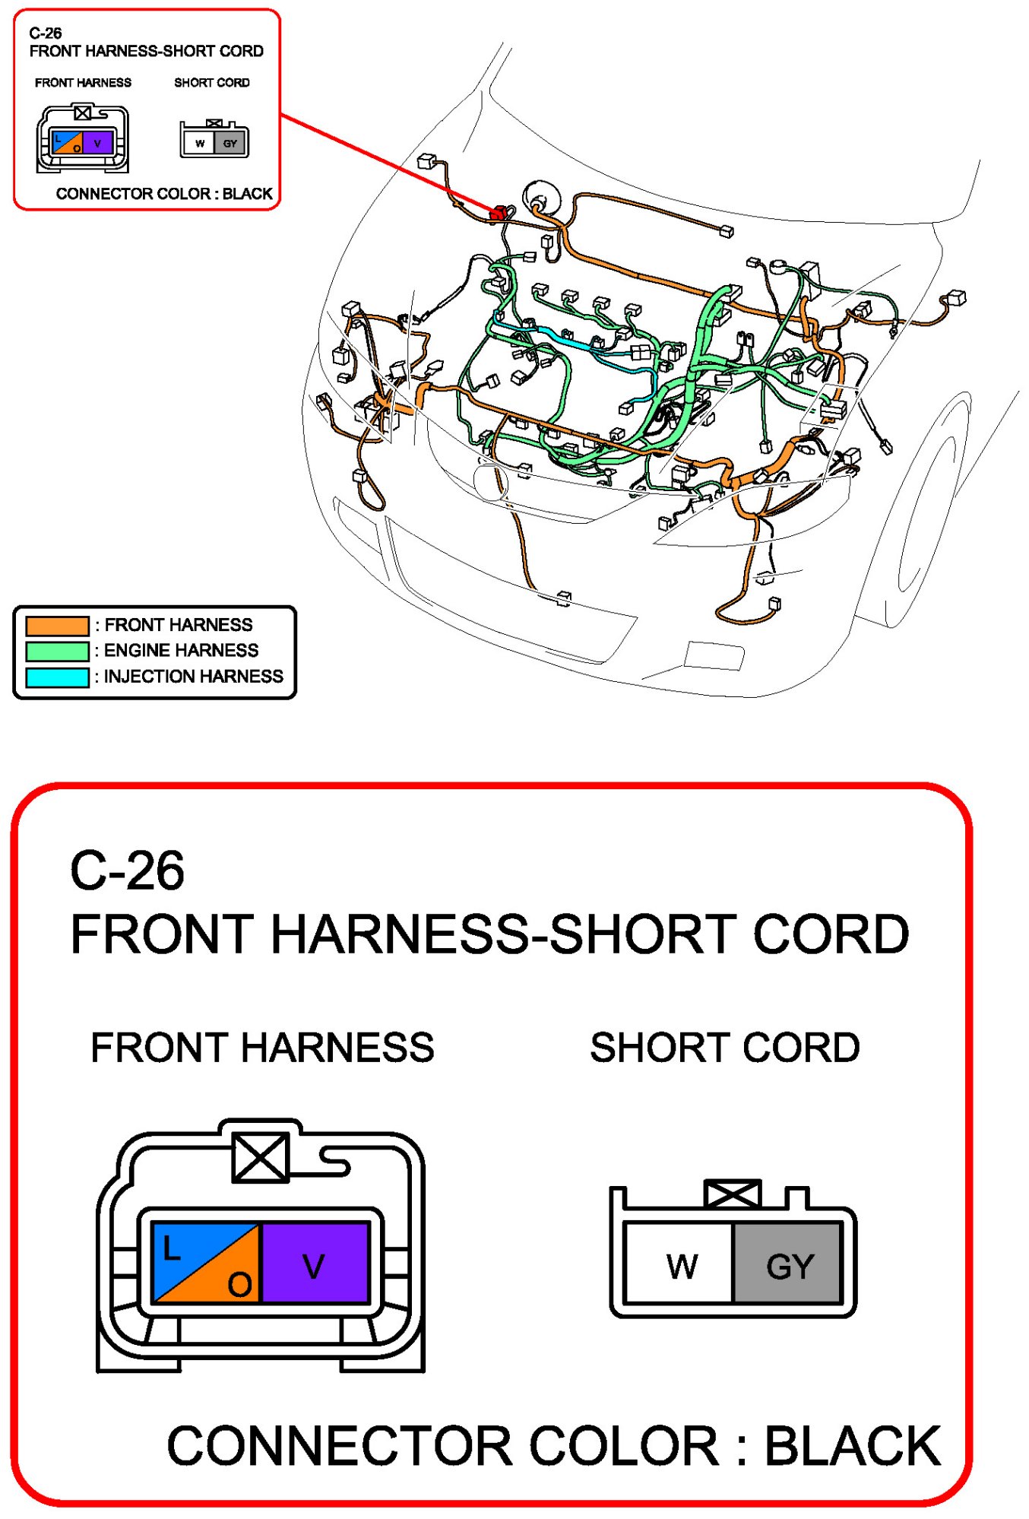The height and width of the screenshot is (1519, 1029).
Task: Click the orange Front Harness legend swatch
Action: point(57,626)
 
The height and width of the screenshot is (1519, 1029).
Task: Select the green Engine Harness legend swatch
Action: point(57,652)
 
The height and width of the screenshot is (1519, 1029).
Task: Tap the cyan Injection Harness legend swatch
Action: point(57,677)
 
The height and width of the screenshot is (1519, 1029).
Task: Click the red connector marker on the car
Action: point(498,214)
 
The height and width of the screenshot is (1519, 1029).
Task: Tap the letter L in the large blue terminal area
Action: point(172,1248)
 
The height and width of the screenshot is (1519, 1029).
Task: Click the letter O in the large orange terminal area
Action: point(239,1285)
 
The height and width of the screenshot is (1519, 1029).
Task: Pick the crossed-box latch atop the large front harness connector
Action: point(261,1158)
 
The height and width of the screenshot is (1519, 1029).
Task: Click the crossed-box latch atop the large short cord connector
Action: point(733,1194)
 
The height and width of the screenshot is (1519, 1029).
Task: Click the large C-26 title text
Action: point(127,870)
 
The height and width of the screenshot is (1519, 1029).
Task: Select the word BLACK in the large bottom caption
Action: point(853,1445)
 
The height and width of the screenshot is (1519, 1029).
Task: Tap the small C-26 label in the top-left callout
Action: point(46,33)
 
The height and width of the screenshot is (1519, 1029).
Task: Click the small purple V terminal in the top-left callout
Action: point(97,142)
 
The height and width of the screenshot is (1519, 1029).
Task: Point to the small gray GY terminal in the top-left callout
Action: point(230,143)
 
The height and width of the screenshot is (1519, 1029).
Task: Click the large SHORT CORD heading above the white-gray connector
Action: point(724,1048)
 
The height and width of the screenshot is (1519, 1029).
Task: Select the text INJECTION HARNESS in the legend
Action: point(193,677)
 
